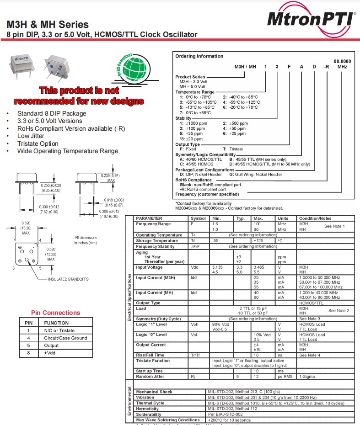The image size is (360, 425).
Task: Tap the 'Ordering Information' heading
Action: (199, 56)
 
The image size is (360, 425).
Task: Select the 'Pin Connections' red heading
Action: (55, 313)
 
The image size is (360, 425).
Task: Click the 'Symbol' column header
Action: (198, 218)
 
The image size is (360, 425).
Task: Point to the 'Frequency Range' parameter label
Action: (153, 224)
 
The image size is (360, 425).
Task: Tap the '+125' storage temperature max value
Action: (258, 240)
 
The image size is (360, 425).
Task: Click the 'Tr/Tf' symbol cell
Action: (195, 355)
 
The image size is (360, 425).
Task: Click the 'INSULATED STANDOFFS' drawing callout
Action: (68, 279)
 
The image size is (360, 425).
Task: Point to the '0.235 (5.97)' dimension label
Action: (110, 175)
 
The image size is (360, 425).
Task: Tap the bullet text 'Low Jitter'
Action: (31, 136)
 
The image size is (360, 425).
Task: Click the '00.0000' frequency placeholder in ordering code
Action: (342, 61)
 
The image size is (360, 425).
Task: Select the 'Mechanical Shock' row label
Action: (154, 392)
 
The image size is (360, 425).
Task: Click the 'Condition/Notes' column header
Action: (315, 218)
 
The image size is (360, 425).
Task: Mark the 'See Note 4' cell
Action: (310, 355)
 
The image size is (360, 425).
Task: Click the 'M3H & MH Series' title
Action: (48, 25)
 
